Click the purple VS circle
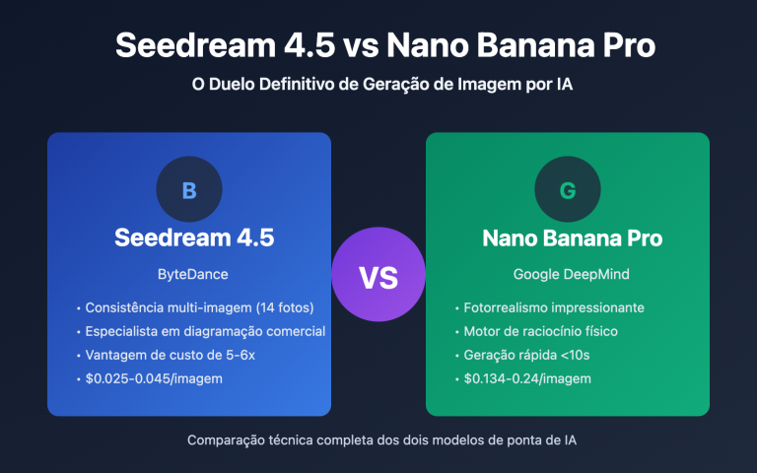coord(378,278)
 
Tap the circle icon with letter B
coord(189,190)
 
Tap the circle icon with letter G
coord(568,190)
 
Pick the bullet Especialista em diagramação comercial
coord(206,331)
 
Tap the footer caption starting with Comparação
coord(378,440)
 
